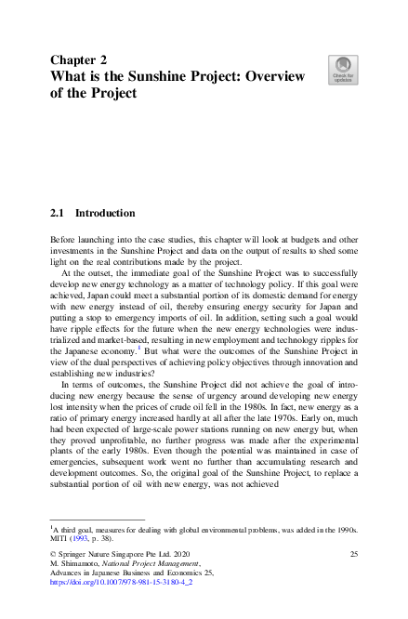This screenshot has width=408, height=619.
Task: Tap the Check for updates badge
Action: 342,71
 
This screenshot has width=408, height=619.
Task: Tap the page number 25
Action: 353,554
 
